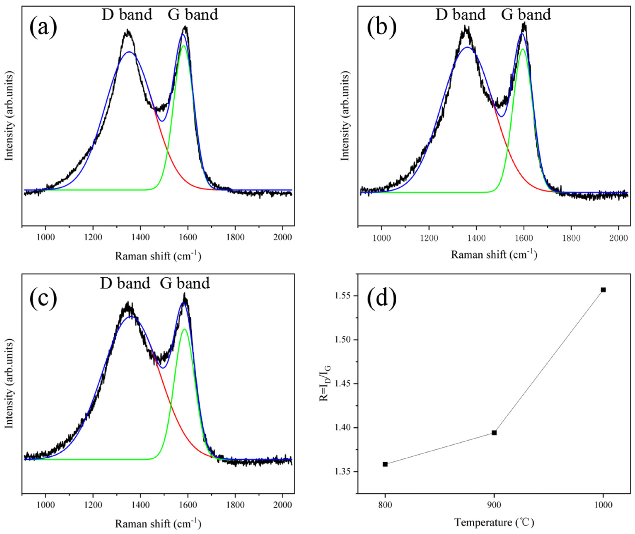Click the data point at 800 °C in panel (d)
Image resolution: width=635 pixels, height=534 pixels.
click(385, 464)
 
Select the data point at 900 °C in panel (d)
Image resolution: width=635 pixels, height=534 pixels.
click(494, 433)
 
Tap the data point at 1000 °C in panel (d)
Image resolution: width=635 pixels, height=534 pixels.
click(603, 290)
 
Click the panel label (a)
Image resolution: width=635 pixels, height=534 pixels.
click(43, 28)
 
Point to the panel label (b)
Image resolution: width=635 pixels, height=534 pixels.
click(381, 28)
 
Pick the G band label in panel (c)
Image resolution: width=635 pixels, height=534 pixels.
click(185, 283)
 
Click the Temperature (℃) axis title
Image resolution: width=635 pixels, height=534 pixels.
click(494, 522)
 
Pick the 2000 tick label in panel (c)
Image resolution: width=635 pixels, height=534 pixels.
click(282, 506)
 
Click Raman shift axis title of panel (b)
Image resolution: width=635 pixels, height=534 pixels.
click(494, 255)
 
